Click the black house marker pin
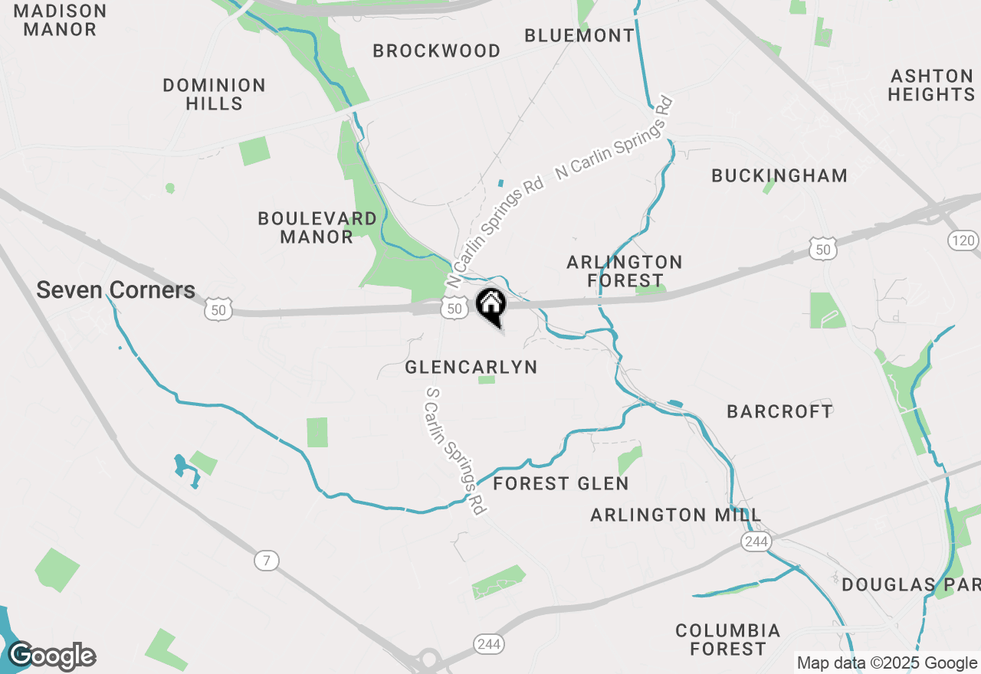pyautogui.click(x=490, y=306)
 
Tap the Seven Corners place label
pyautogui.click(x=116, y=290)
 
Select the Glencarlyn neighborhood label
pyautogui.click(x=471, y=368)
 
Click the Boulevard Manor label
pyautogui.click(x=317, y=227)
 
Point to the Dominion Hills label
pyautogui.click(x=214, y=94)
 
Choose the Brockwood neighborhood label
pyautogui.click(x=436, y=51)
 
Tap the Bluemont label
pyautogui.click(x=579, y=35)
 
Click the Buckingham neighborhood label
pyautogui.click(x=779, y=175)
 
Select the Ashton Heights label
pyautogui.click(x=931, y=85)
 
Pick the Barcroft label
pyautogui.click(x=779, y=411)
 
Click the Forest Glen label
pyautogui.click(x=561, y=483)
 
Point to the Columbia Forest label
pyautogui.click(x=727, y=640)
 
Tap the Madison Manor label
pyautogui.click(x=61, y=21)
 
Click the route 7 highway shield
pyautogui.click(x=266, y=561)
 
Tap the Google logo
pyautogui.click(x=51, y=656)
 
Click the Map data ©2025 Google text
pyautogui.click(x=887, y=663)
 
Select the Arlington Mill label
pyautogui.click(x=675, y=515)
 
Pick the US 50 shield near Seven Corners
pyautogui.click(x=218, y=309)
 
